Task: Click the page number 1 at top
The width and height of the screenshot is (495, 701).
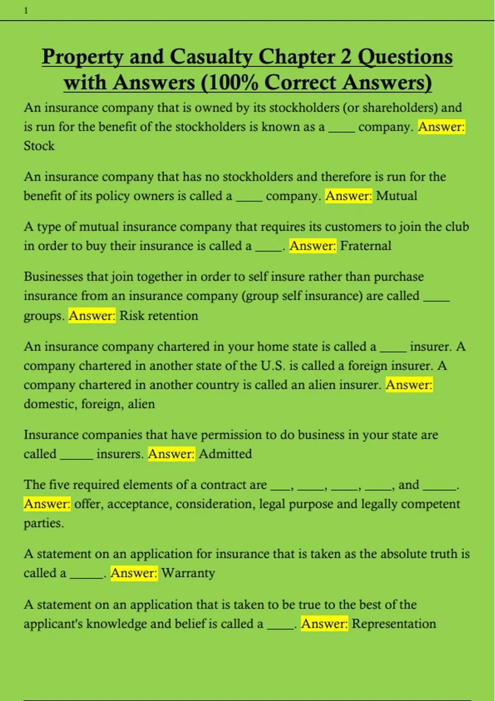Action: coord(26,11)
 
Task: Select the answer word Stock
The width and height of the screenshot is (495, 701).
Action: coord(39,146)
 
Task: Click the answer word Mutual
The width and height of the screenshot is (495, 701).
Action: coord(396,196)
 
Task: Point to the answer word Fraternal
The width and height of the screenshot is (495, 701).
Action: coord(365,246)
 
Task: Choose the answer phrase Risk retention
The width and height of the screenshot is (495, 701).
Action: coord(159,316)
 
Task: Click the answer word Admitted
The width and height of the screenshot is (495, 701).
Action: coord(225,454)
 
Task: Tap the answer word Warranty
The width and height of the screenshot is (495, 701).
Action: coord(188,573)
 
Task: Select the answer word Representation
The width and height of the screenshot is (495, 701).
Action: coord(394,624)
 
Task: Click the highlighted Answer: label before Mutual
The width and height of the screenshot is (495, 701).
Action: coord(349,196)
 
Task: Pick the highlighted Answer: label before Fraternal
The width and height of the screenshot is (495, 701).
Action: coord(313,246)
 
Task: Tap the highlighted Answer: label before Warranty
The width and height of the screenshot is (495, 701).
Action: coord(134,573)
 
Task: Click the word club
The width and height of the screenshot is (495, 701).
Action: coord(457,227)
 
